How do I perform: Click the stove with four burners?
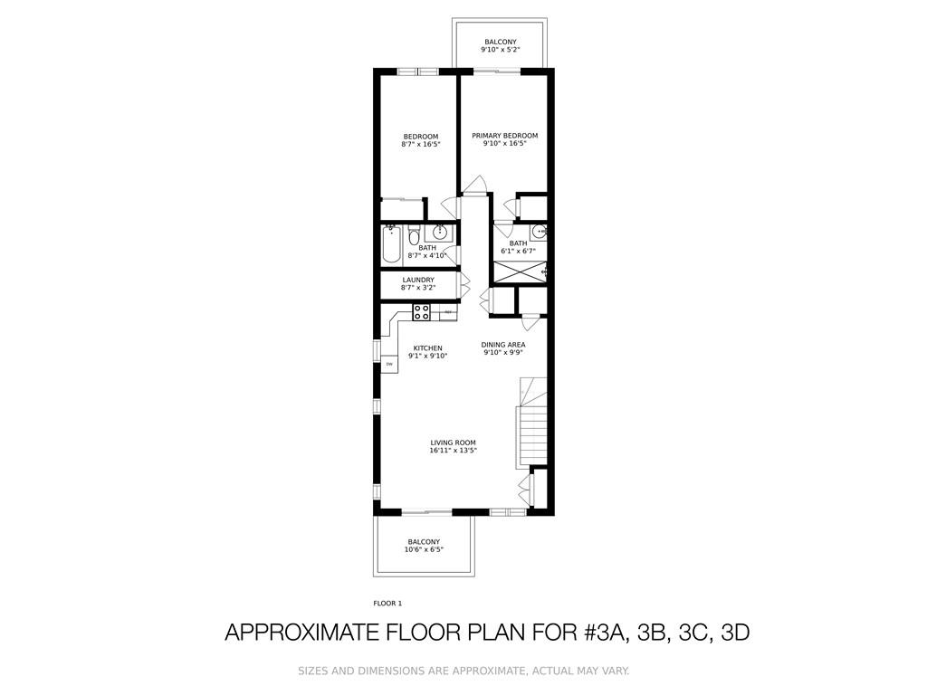(421, 312)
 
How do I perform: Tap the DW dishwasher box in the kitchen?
(389, 364)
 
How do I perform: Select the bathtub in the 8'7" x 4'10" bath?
(391, 244)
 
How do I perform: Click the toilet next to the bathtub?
(413, 235)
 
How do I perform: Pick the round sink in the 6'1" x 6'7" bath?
(539, 232)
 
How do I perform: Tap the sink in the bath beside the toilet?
(439, 231)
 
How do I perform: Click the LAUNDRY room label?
(418, 280)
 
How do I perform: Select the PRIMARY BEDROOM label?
(505, 136)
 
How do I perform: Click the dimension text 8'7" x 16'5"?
(421, 144)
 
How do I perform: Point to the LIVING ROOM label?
(453, 443)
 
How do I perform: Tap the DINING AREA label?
(503, 345)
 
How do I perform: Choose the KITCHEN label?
(427, 348)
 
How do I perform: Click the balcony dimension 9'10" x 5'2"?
(500, 50)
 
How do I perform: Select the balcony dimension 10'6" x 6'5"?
(424, 549)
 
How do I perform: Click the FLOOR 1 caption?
(387, 604)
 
